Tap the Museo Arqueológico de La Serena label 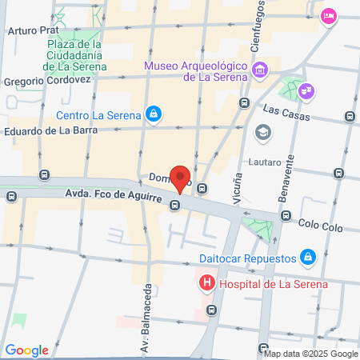point(195,71)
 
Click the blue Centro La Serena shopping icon point(153,114)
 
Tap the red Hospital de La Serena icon point(206,284)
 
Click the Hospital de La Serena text point(273,284)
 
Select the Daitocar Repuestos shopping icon point(306,258)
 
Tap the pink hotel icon point(328,16)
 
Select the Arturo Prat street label point(35,31)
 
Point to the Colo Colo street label point(316,223)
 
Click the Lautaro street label point(265,162)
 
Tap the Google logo point(26,350)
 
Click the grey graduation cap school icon point(261,131)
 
